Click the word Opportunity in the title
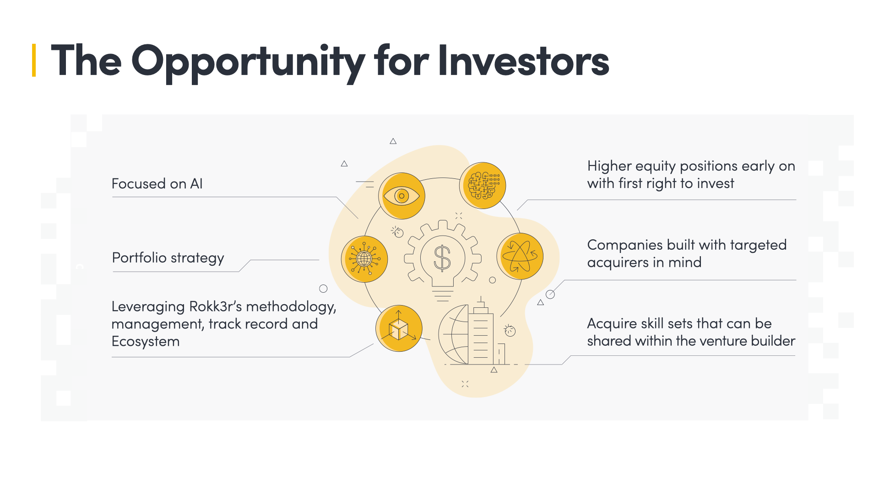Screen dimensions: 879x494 tap(248, 61)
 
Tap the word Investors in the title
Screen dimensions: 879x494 tap(523, 60)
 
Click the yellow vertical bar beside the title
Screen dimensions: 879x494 tap(34, 60)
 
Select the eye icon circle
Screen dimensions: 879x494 tap(402, 196)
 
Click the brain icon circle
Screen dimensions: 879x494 tap(483, 186)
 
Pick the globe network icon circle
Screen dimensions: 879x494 tap(364, 259)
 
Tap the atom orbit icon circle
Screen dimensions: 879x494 tap(520, 256)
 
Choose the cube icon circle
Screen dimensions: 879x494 tap(399, 328)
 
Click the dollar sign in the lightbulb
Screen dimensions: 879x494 tap(442, 258)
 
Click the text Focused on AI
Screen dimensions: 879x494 tap(157, 184)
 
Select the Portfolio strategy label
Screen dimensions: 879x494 tap(168, 258)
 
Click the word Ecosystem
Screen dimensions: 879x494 tap(146, 342)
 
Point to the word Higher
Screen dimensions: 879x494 tap(608, 166)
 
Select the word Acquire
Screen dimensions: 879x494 tap(612, 324)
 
